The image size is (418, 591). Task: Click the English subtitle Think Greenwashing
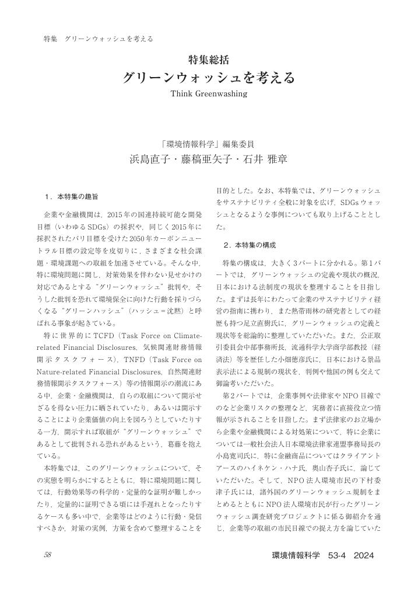tap(209, 93)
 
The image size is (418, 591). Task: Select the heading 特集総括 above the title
tap(209, 59)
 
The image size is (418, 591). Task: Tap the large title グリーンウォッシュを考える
tap(209, 77)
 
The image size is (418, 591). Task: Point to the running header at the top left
tap(99, 39)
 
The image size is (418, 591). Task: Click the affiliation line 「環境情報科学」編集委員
tap(209, 144)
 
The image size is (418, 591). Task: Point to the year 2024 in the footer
tap(363, 555)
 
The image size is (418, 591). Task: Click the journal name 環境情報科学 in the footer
tap(296, 555)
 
